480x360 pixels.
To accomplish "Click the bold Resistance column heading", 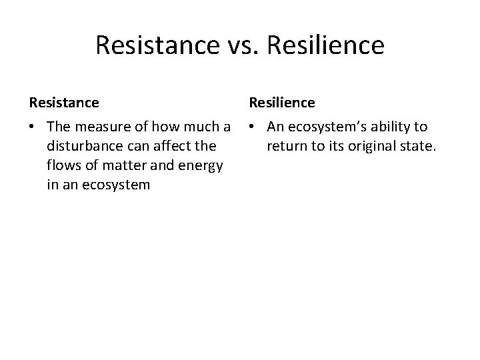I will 64,103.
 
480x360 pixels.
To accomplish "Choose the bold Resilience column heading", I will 282,103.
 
